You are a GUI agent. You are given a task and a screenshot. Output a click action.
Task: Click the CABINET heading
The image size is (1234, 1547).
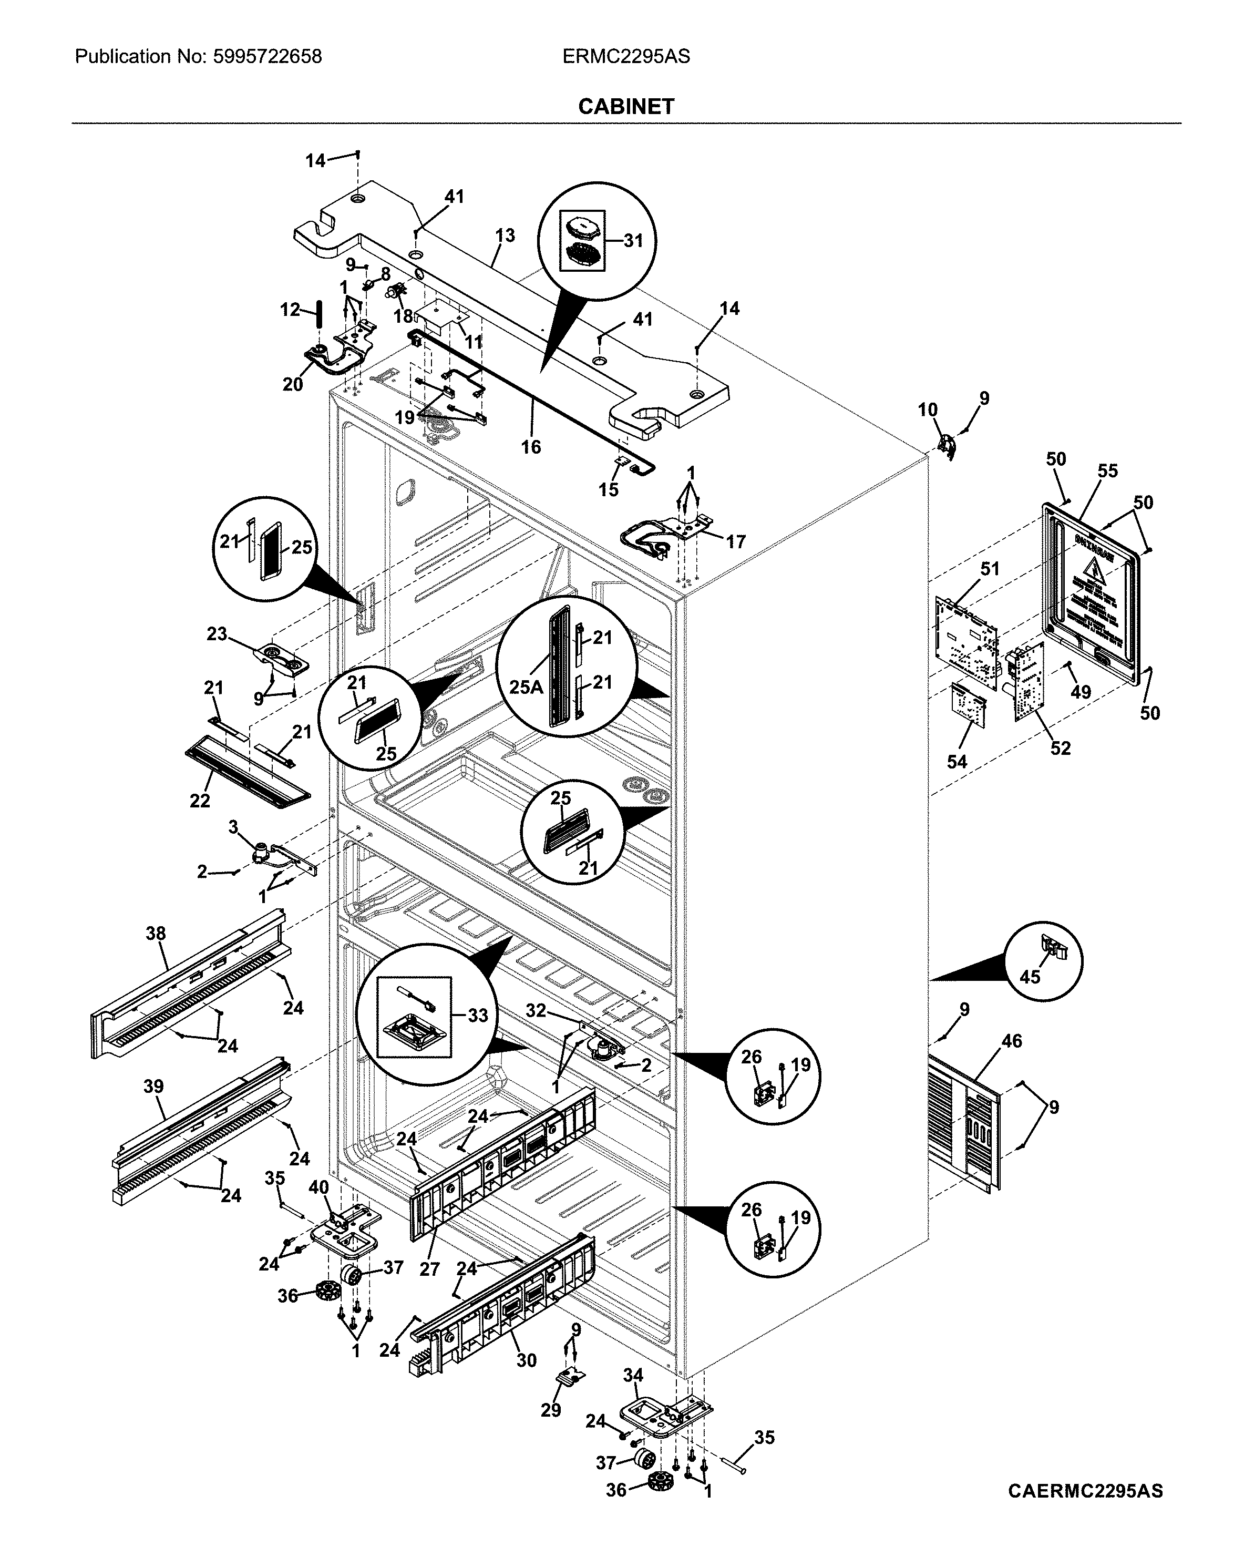[625, 107]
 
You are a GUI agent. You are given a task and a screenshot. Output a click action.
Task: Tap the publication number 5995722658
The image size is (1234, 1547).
[267, 57]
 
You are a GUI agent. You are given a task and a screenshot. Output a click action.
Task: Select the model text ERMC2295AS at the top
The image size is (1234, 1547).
[625, 57]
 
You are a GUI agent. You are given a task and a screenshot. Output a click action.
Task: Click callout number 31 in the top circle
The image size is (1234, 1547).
[633, 241]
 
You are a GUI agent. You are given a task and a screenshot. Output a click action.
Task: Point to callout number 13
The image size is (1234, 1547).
[505, 235]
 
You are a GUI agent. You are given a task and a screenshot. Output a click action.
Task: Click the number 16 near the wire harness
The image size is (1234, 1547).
[531, 447]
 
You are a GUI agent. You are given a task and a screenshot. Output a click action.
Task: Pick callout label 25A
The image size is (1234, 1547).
[526, 687]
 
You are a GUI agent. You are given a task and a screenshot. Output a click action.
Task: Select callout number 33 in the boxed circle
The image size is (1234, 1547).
[477, 1016]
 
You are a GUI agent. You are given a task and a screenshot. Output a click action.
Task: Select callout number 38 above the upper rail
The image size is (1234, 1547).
[156, 934]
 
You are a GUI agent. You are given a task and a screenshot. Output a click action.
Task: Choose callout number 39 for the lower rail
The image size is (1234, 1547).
[153, 1087]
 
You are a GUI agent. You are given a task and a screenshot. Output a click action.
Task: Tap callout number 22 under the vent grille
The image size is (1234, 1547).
[200, 801]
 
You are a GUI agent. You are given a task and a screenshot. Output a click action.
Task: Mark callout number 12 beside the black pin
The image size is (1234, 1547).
[290, 310]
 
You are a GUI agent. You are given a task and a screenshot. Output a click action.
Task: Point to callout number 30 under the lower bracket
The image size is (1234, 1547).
[527, 1360]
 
